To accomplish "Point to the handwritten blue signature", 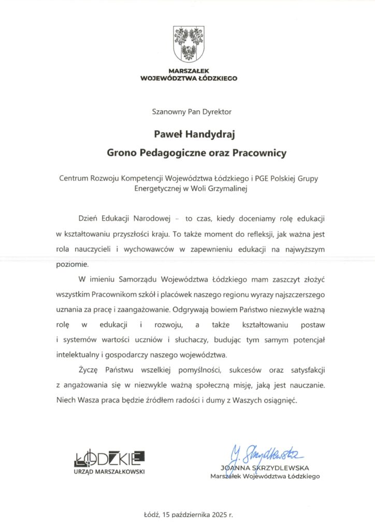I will (266, 455).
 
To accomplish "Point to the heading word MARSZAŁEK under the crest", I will (189, 71).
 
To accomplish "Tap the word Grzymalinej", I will (231, 189).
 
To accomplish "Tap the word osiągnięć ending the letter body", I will (280, 401).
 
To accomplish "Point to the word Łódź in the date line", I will (151, 516).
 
